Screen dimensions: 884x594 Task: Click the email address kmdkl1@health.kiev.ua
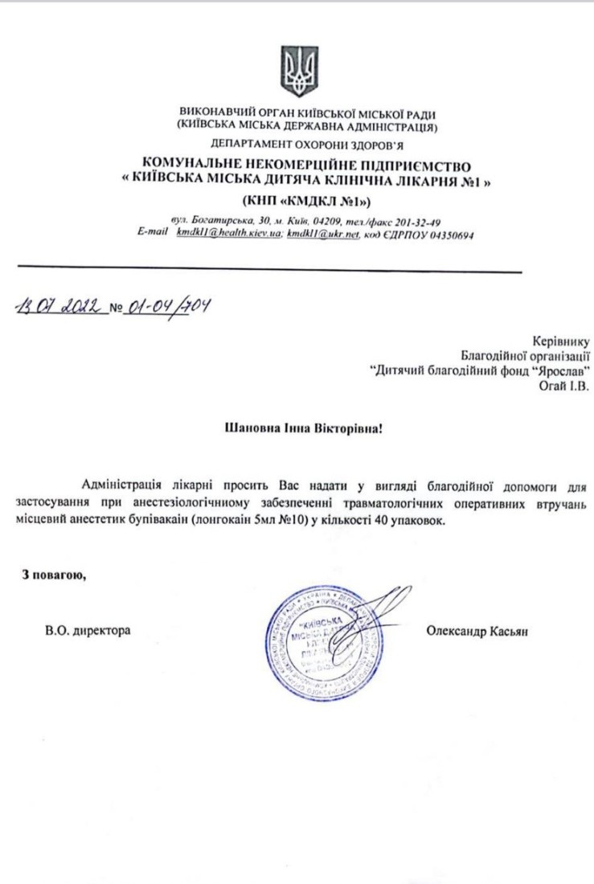(227, 235)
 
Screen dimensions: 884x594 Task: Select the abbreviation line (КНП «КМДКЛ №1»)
(306, 199)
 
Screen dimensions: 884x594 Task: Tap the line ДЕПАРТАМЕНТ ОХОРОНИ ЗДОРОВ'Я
(308, 145)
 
